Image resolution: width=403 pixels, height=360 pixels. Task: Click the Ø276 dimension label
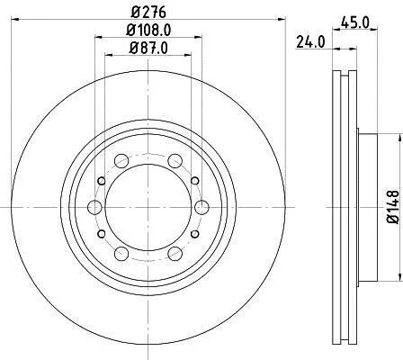tap(148, 13)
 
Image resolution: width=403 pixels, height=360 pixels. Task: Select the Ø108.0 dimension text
tap(148, 30)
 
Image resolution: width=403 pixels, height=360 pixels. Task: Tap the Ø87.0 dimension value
tap(148, 48)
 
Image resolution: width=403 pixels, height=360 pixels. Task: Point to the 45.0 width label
tap(354, 22)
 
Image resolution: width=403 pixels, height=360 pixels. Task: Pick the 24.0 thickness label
tap(310, 42)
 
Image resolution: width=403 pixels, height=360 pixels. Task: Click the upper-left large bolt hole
tap(121, 161)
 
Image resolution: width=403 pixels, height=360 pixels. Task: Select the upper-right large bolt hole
tap(175, 161)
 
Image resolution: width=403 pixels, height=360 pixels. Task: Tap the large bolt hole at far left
tap(94, 207)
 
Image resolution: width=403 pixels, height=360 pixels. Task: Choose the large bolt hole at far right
tap(201, 207)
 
